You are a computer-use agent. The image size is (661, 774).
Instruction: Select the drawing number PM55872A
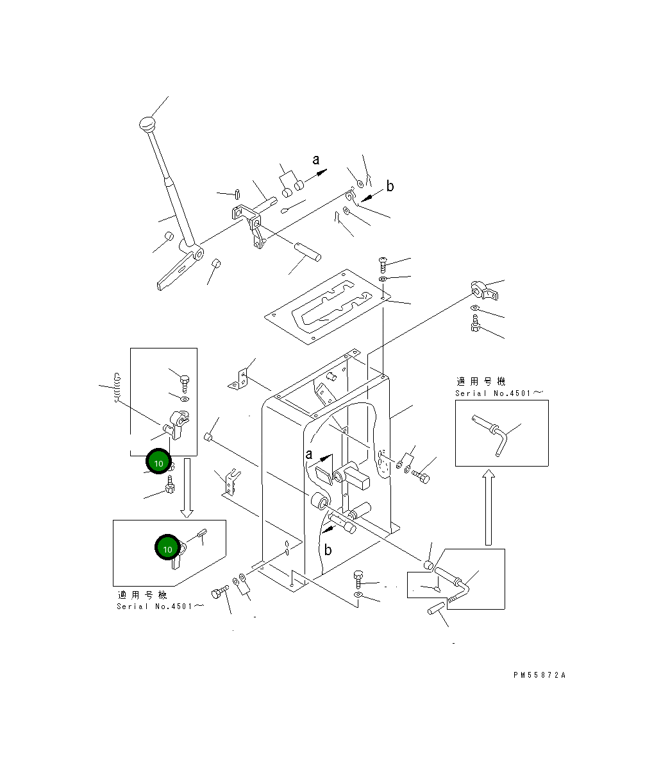click(539, 675)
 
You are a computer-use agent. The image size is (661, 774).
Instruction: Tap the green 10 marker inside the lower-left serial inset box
click(167, 549)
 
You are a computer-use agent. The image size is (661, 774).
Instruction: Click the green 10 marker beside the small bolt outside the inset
click(159, 462)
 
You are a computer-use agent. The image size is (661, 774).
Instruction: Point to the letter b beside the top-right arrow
click(390, 187)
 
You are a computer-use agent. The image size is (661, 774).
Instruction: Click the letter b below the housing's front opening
click(328, 549)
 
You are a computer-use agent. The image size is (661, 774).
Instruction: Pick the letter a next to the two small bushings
click(315, 159)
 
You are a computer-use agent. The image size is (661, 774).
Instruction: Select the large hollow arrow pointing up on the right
click(489, 506)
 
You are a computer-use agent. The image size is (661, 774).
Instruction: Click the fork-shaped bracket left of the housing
click(230, 483)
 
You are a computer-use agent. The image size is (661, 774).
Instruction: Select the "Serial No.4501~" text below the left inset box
click(160, 606)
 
